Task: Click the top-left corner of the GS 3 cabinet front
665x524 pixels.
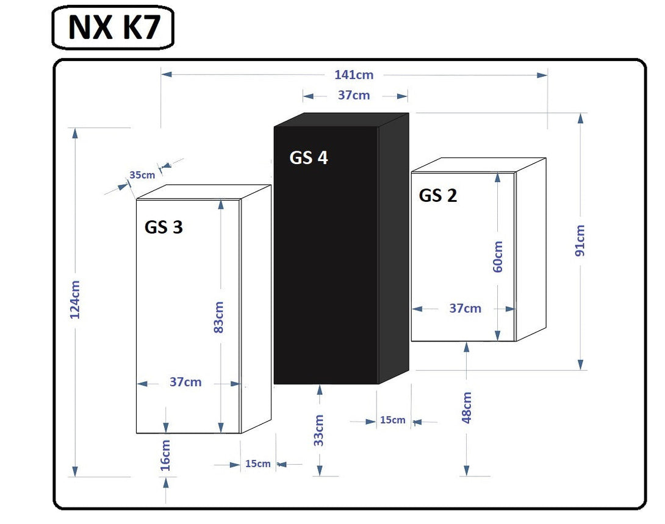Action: [136, 199]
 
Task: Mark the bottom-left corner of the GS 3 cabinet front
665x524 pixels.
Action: [136, 433]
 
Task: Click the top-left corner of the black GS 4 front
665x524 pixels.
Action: [274, 126]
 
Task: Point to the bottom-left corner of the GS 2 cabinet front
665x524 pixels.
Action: [411, 341]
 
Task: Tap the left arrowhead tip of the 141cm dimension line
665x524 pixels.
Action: [162, 74]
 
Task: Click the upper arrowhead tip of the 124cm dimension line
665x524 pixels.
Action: [75, 129]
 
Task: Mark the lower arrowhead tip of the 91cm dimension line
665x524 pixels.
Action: [581, 370]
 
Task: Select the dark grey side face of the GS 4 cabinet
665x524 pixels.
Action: [393, 248]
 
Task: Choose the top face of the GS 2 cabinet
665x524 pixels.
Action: [478, 165]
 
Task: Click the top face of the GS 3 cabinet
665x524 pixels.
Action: [204, 192]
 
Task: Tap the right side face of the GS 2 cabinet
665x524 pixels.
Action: [531, 249]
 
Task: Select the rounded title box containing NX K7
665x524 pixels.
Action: [113, 27]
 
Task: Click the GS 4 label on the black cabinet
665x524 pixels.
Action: [309, 158]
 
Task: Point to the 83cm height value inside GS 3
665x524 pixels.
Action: [218, 317]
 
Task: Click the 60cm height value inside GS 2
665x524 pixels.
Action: [498, 256]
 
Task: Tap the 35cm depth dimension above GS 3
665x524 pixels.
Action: [142, 174]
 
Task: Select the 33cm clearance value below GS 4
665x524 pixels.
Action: [319, 430]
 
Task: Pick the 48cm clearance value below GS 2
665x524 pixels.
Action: [467, 407]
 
